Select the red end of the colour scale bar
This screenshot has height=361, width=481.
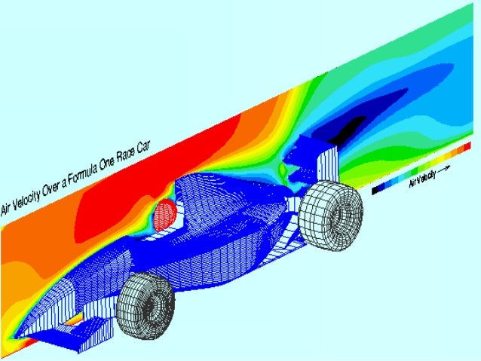[467, 145]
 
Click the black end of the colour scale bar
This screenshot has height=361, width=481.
[375, 190]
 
